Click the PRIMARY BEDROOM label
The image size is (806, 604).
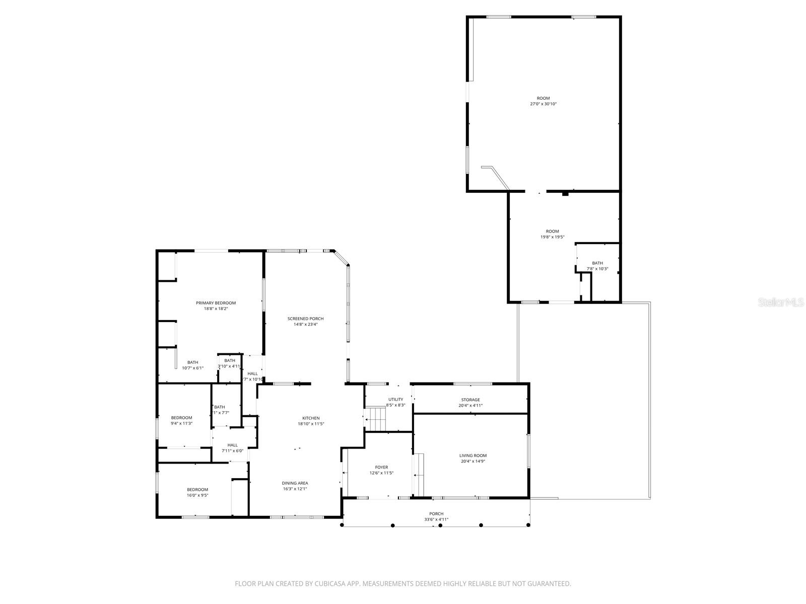(x=216, y=303)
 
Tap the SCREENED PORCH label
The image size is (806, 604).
(x=305, y=319)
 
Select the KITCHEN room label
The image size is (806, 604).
(x=311, y=418)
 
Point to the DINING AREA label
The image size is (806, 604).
(x=295, y=483)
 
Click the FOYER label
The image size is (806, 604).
(x=381, y=467)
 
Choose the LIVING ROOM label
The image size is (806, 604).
(x=473, y=456)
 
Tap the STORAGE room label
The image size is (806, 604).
(x=471, y=400)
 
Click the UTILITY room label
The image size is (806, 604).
(x=395, y=399)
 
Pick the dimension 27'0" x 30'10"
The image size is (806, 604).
(x=543, y=104)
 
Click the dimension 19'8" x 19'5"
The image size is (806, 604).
(x=552, y=237)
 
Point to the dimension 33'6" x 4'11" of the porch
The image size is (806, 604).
(x=436, y=519)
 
